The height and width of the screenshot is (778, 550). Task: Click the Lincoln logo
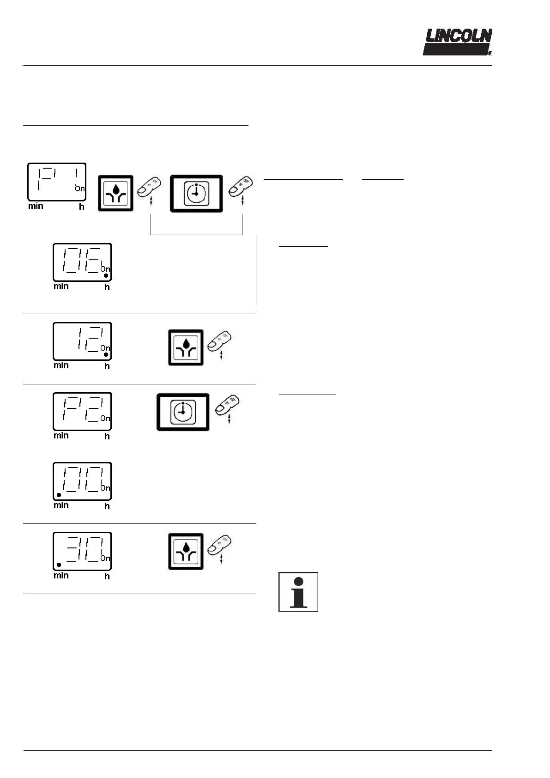tap(458, 42)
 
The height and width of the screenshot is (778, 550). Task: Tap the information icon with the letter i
tap(298, 592)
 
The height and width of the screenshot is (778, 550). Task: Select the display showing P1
tap(57, 182)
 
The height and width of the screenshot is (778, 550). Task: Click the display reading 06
tap(82, 262)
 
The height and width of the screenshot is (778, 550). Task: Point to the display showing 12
tap(82, 341)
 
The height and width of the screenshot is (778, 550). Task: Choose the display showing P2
tap(82, 411)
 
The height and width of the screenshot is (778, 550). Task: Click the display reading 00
tap(82, 481)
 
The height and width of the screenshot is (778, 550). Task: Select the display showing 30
tap(82, 551)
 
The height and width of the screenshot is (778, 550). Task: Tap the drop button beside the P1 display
tap(115, 194)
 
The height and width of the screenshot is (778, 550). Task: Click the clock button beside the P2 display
tap(183, 412)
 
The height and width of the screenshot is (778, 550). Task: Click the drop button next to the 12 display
tap(186, 347)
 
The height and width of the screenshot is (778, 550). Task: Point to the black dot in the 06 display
tap(106, 276)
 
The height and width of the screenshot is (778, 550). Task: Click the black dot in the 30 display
tap(59, 565)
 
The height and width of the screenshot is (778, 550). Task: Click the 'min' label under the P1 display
tap(36, 206)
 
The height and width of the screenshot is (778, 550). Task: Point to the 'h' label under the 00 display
tap(107, 506)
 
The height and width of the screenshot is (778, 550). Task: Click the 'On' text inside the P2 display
tap(105, 418)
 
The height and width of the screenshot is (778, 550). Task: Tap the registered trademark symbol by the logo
tap(490, 54)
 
